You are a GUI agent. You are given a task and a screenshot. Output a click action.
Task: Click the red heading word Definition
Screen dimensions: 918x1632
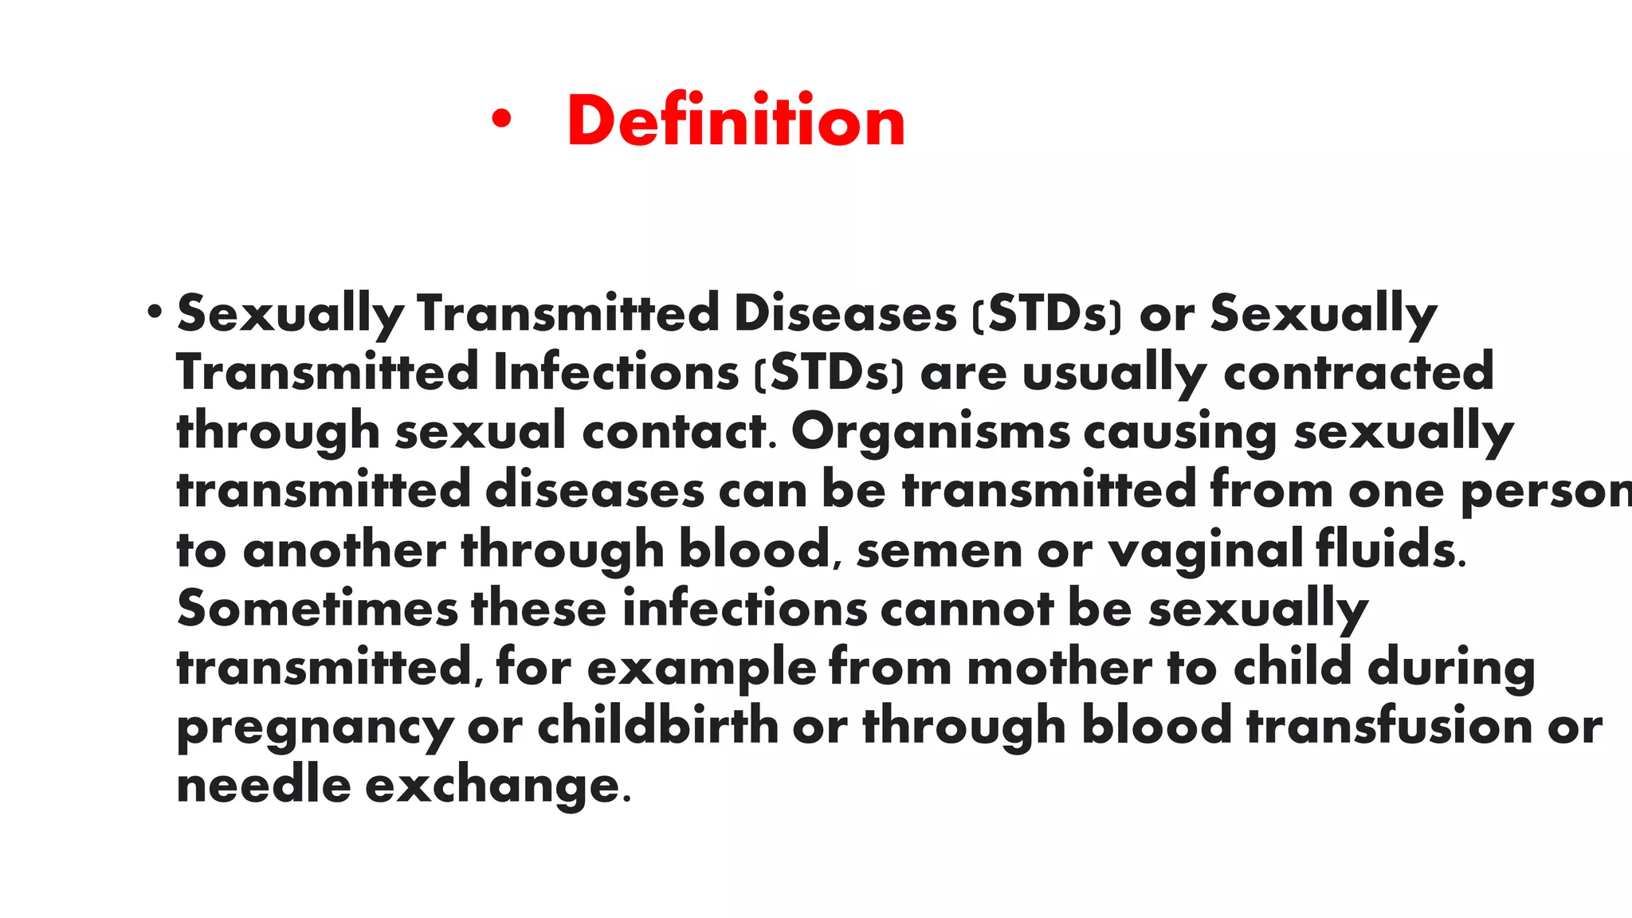(736, 121)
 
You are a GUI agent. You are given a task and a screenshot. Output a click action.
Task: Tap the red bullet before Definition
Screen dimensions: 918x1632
(500, 120)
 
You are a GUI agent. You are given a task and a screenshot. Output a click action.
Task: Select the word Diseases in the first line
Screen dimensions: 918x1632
(845, 313)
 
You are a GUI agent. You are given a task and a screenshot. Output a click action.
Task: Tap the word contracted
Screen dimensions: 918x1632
(1359, 372)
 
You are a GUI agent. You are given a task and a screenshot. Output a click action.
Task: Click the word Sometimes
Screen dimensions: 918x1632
(317, 609)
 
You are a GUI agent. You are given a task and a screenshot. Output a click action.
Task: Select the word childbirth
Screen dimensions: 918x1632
(658, 726)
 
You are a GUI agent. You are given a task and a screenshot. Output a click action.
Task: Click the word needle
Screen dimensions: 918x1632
(264, 785)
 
